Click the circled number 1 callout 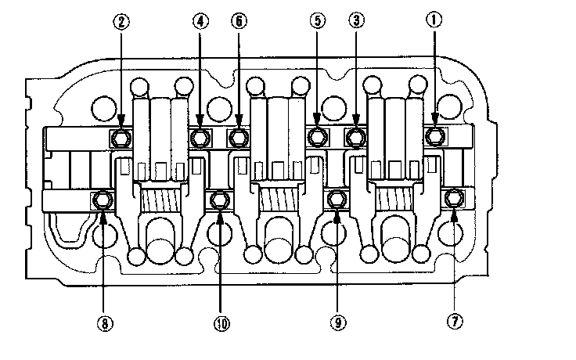pos(435,22)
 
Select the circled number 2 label pos(121,22)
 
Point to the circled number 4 pos(200,22)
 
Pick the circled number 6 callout pos(238,22)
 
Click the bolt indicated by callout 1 pos(435,138)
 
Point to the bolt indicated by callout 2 pos(121,139)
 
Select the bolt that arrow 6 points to pos(238,139)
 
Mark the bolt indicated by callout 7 pos(452,200)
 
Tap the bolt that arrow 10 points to pos(220,201)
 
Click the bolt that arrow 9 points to pos(337,201)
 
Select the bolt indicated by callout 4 pos(200,139)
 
